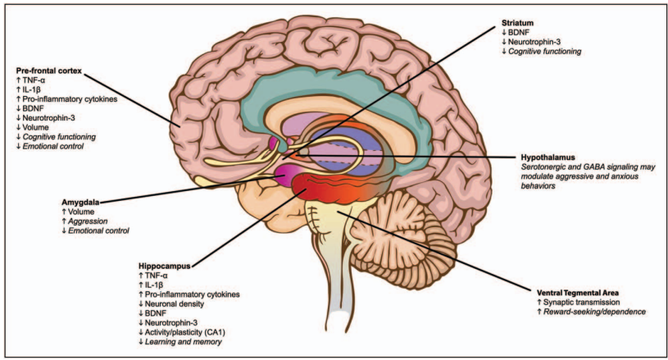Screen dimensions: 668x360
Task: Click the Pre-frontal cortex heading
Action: (x=49, y=71)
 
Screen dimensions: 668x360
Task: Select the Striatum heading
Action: (x=517, y=23)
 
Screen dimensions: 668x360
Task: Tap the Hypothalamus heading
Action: (x=548, y=157)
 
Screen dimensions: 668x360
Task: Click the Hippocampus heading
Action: (x=164, y=266)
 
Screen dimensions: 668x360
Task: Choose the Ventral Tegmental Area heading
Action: (x=578, y=293)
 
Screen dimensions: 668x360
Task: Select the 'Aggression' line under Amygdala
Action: (x=84, y=221)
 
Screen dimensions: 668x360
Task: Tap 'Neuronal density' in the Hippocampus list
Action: (x=171, y=303)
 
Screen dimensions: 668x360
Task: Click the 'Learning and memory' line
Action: (x=180, y=342)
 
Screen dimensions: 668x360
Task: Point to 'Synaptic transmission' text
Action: (x=578, y=302)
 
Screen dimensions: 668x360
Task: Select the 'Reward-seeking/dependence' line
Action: (x=591, y=312)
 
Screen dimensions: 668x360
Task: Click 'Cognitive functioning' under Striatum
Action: (x=541, y=52)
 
